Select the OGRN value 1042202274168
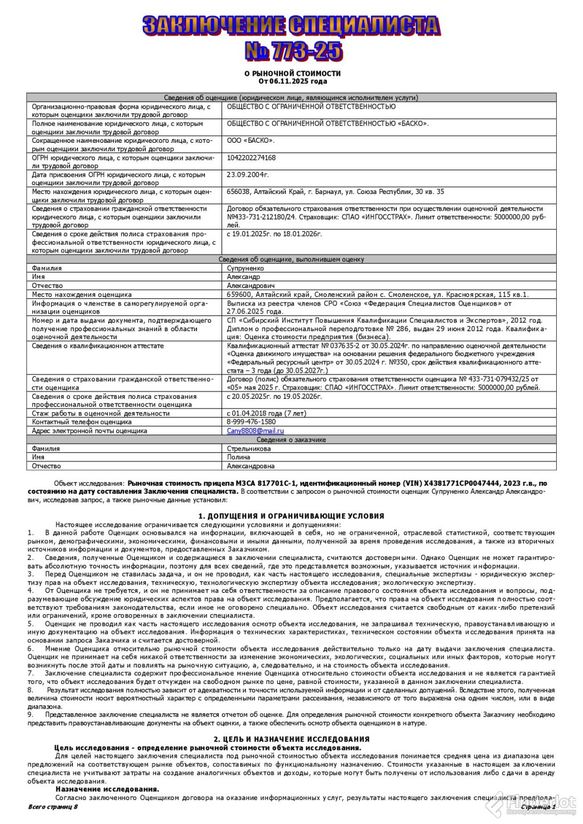[251, 158]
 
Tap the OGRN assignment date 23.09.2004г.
[248, 175]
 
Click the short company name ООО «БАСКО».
[251, 141]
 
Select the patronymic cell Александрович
[251, 286]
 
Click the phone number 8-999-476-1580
[251, 422]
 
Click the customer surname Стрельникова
[249, 449]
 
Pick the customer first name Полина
[238, 458]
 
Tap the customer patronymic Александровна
[251, 467]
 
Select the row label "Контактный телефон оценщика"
[82, 422]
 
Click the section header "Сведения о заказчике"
[291, 440]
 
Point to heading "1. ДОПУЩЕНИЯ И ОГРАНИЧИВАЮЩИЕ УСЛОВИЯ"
[291, 516]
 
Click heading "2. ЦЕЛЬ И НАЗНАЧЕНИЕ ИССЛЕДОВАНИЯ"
[291, 738]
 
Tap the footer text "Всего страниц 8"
[52, 807]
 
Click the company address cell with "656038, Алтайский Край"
[335, 192]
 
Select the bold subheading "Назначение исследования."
[107, 790]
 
